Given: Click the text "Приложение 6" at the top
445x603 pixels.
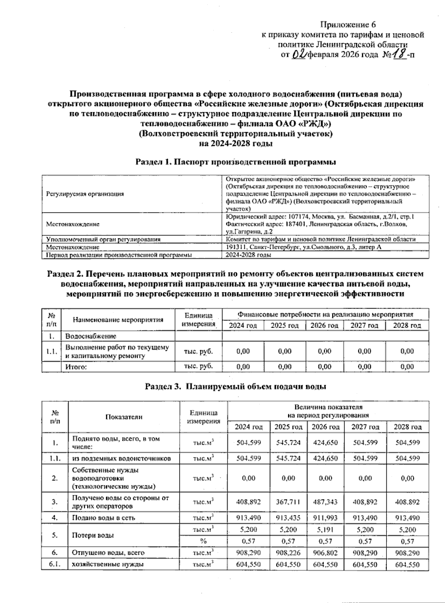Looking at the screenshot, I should (348, 25).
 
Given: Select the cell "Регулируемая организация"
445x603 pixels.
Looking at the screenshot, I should (85, 194).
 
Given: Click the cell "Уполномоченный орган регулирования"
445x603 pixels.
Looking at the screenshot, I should (103, 239).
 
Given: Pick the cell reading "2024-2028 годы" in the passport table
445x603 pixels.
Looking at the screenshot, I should (248, 255).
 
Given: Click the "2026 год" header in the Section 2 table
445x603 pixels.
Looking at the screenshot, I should (324, 326).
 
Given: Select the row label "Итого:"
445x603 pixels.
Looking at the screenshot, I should (76, 367).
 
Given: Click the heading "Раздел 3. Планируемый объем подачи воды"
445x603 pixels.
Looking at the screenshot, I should (235, 387).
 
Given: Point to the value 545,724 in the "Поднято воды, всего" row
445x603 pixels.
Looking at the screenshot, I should (288, 442).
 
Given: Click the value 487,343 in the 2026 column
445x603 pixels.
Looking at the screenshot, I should (325, 502).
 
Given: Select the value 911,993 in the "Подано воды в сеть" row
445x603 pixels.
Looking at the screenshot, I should (325, 518).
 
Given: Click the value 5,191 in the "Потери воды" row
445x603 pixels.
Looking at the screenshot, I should (325, 530).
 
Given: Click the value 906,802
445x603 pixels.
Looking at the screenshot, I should (325, 553).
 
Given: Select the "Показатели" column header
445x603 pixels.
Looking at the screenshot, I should (124, 417).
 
